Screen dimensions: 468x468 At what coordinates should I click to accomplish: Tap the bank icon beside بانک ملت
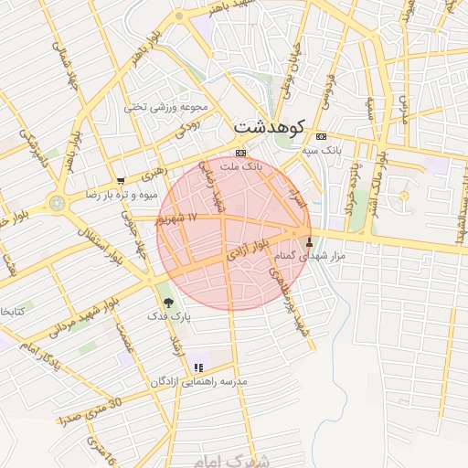(x=240, y=153)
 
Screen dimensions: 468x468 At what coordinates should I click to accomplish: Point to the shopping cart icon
(x=121, y=182)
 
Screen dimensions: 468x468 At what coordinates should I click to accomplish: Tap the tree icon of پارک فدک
(x=165, y=301)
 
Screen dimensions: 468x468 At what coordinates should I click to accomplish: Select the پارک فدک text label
(x=170, y=315)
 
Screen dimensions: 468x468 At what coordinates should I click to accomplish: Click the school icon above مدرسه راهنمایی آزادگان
(x=198, y=367)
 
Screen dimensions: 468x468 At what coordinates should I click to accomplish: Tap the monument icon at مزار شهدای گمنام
(x=309, y=244)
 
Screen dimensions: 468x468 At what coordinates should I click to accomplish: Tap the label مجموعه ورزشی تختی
(x=166, y=107)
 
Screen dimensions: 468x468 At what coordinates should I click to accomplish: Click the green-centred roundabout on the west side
(x=58, y=203)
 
